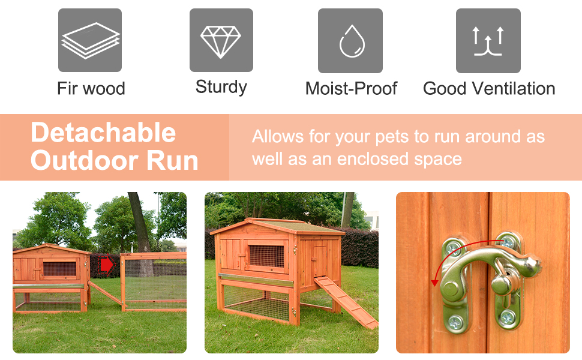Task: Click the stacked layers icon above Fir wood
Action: [x=90, y=40]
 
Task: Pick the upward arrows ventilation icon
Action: [x=488, y=40]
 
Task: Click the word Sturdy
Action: [x=221, y=88]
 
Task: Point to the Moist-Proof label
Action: [x=351, y=89]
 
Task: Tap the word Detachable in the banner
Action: [x=103, y=133]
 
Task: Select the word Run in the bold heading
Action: [x=172, y=160]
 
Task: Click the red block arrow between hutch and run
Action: [x=107, y=265]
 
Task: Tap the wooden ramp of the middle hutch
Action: [x=346, y=302]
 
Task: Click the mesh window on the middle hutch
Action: [x=267, y=256]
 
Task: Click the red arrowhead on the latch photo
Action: [x=434, y=283]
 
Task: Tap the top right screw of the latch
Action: [x=507, y=242]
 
